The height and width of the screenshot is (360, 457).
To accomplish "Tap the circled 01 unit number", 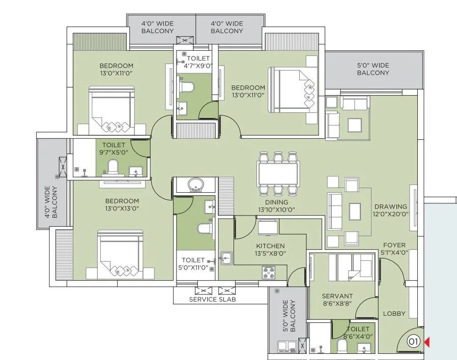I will tap(414, 342).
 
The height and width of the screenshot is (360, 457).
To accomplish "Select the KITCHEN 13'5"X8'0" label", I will tap(270, 249).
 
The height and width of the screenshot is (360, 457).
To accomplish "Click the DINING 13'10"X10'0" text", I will tap(276, 205).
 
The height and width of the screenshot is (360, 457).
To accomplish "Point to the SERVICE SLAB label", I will tap(212, 299).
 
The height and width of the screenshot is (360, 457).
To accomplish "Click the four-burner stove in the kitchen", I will tap(269, 273).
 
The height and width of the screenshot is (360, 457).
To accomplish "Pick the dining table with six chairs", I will tap(278, 173).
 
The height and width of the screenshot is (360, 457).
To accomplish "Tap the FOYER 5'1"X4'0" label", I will tap(394, 249).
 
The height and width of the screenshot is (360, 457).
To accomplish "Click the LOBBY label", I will tap(394, 313).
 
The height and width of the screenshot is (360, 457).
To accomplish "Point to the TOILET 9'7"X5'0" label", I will tap(113, 148).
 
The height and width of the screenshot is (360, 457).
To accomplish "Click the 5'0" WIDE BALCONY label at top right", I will tap(373, 69).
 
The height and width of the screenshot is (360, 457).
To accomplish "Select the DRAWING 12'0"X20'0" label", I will tap(391, 211).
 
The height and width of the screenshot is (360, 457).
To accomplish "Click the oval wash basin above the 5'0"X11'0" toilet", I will tap(194, 184).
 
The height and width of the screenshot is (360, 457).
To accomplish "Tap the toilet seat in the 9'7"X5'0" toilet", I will tap(113, 167).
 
